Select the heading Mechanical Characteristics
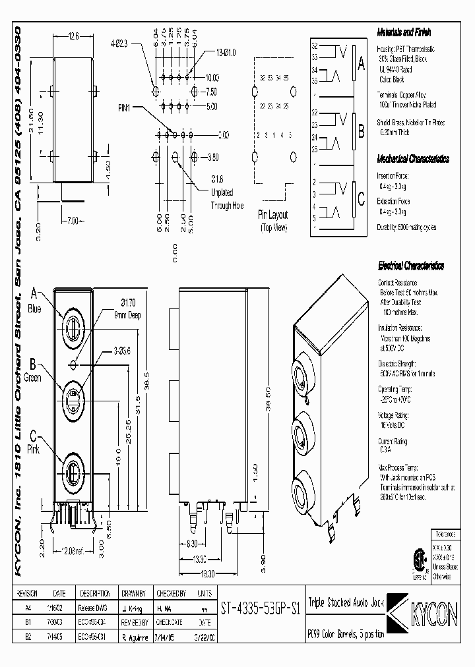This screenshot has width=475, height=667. pyautogui.click(x=413, y=159)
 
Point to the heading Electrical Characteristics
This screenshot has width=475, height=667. pyautogui.click(x=410, y=266)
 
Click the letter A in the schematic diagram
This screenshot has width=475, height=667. pyautogui.click(x=361, y=64)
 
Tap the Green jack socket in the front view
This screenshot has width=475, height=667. pyautogui.click(x=73, y=399)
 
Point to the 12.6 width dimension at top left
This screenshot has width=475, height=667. pyautogui.click(x=73, y=38)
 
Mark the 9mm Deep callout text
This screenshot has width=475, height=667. pyautogui.click(x=125, y=314)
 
